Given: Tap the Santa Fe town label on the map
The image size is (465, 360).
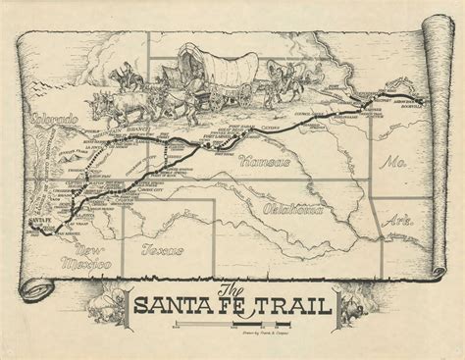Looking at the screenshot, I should click(42, 228).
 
